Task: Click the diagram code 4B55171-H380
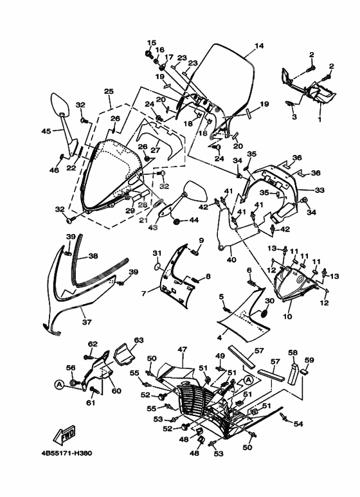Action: point(67,453)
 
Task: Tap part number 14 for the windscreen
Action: point(259,46)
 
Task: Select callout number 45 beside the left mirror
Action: point(46,131)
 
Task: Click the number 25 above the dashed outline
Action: point(109,91)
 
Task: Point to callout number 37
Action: point(87,322)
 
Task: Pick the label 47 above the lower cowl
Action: point(182,350)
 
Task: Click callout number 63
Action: point(139,340)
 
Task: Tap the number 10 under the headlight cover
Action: point(287,316)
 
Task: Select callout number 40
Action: point(231,260)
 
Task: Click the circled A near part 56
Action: point(59,384)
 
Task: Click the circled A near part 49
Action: point(248,380)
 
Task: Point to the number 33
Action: point(319,190)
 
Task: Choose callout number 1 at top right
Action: point(319,120)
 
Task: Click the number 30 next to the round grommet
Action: point(269,301)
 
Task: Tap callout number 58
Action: point(292,352)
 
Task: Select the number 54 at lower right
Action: point(298,424)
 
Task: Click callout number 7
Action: point(143,294)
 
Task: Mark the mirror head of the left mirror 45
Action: point(59,104)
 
